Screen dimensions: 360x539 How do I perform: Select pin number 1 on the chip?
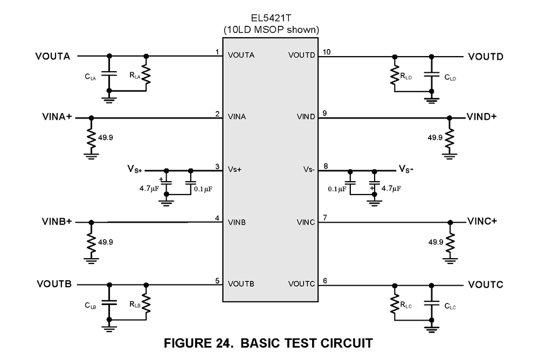217,52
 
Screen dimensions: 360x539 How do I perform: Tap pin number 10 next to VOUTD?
327,52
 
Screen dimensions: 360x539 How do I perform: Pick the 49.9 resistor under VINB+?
91,241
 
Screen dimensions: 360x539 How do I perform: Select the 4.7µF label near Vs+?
149,189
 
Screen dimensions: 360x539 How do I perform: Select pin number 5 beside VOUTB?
217,280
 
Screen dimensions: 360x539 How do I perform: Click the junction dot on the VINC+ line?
451,222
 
